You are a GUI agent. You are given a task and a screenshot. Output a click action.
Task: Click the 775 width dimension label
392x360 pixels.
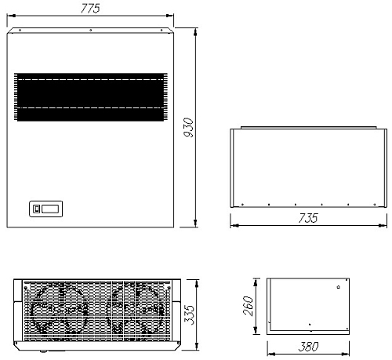[x=90, y=9]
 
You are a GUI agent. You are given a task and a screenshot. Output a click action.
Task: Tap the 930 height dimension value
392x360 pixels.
[x=188, y=127]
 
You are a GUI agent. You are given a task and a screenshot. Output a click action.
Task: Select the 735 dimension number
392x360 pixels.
[x=308, y=218]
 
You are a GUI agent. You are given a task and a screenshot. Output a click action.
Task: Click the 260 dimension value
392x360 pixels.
[x=248, y=306]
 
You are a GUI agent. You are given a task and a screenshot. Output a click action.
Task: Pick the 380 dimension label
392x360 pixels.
[x=308, y=347]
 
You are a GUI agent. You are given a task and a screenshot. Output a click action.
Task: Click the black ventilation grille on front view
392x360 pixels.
[x=91, y=97]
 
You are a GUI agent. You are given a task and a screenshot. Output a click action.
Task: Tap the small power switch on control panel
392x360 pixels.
[x=37, y=209]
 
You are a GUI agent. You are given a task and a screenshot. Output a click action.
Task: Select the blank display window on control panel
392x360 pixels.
[x=50, y=209]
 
